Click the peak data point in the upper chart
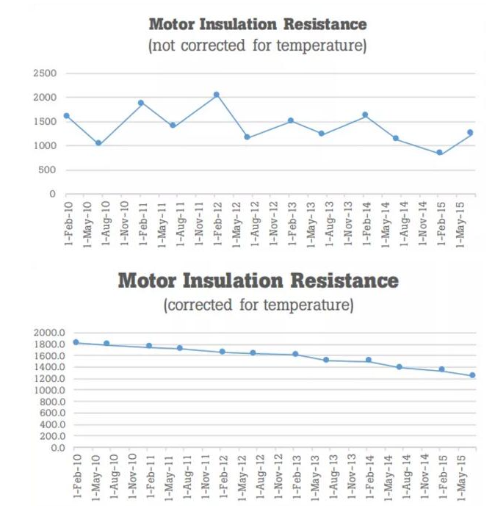[216, 95]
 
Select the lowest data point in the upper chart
[439, 153]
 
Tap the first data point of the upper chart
[67, 115]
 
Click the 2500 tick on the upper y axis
[46, 73]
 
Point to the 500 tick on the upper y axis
[48, 170]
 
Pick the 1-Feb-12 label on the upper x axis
[217, 222]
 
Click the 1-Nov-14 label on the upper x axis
[422, 222]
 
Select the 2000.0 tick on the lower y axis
[50, 333]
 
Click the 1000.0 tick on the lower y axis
[50, 390]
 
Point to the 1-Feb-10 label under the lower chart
[76, 477]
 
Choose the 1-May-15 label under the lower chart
[462, 477]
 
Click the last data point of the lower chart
[472, 375]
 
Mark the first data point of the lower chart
[76, 342]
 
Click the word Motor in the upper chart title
[172, 24]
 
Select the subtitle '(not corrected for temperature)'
[257, 46]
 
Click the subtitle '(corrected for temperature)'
[258, 304]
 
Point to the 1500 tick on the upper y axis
[46, 122]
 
